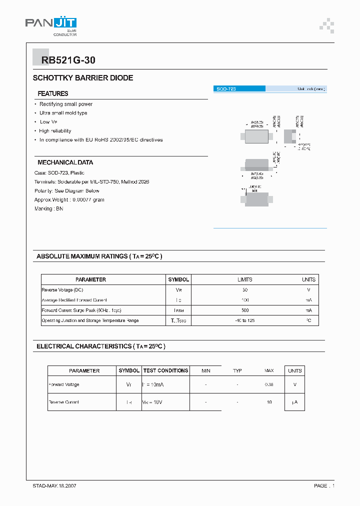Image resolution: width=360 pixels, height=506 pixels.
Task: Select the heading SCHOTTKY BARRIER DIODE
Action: coord(83,78)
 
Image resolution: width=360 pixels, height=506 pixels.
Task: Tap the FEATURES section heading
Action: coord(53,93)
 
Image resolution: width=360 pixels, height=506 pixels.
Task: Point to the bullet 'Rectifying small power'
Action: coord(66,104)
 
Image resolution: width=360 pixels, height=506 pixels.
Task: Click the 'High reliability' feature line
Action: coord(55,131)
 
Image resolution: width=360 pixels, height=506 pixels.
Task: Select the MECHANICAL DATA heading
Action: coord(65,162)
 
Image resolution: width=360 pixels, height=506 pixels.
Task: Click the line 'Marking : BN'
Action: coord(48,208)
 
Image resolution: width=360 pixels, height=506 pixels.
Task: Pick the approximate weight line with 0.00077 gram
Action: coord(69,199)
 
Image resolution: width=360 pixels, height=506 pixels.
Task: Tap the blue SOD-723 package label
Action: coord(239,88)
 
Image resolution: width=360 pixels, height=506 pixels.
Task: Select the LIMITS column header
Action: coord(244,279)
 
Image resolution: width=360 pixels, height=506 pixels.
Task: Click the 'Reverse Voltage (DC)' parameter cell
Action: coord(63,290)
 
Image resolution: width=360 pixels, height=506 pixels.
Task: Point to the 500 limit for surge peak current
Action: coord(244,310)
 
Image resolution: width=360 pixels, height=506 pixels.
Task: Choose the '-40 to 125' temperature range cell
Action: coord(244,320)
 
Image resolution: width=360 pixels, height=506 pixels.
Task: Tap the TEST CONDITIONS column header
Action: coord(165,370)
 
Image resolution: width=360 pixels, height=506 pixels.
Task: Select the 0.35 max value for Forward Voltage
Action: coord(269,384)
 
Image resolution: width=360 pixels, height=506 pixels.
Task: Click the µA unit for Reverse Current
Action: coord(295,402)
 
